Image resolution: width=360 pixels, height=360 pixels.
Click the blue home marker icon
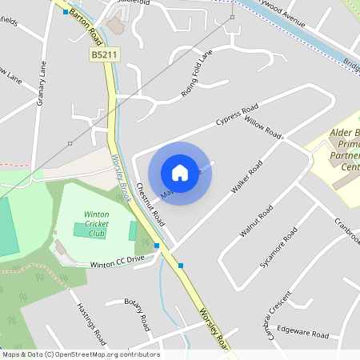point(180,173)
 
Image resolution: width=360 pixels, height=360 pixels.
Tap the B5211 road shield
point(102,54)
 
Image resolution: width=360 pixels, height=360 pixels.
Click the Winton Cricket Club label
point(97,223)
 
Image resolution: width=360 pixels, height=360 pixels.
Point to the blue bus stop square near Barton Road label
point(66,12)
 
